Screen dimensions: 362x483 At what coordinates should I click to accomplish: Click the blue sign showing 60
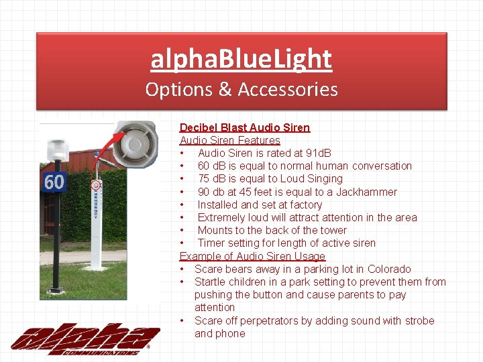click(54, 181)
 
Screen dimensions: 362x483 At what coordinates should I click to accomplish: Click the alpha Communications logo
click(85, 339)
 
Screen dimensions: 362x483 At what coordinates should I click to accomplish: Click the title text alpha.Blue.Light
click(241, 59)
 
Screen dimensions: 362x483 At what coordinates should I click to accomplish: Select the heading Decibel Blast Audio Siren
click(244, 127)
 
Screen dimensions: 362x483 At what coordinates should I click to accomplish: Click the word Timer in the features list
click(212, 243)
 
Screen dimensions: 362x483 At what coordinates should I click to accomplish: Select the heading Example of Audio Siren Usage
click(252, 256)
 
